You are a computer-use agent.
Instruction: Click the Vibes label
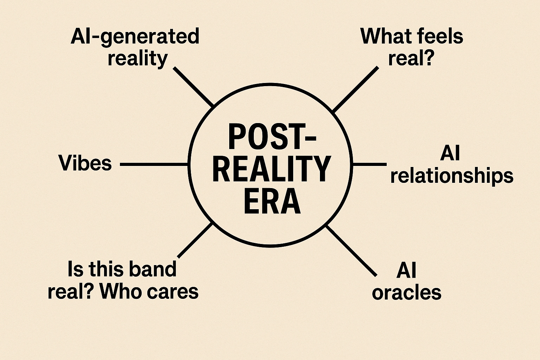click(85, 163)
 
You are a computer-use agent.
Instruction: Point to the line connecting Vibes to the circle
click(154, 164)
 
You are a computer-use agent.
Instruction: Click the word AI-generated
click(135, 37)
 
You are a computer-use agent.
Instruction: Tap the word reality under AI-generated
click(137, 58)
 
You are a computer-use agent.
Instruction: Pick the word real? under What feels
click(410, 58)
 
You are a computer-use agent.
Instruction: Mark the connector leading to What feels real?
click(355, 89)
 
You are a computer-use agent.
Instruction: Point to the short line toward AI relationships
click(369, 164)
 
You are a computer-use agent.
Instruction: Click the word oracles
click(406, 292)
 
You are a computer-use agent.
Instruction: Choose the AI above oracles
click(406, 270)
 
